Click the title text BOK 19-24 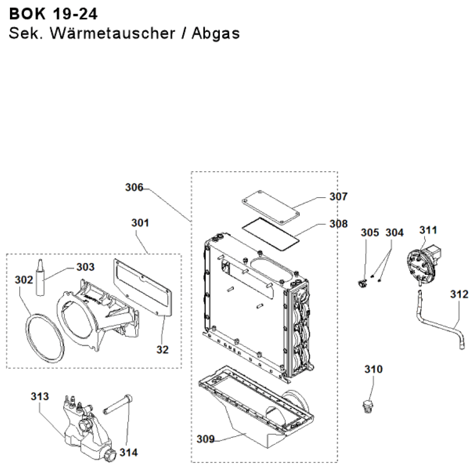click(53, 14)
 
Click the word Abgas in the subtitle click(216, 33)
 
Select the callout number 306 click(134, 188)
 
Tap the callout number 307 click(339, 197)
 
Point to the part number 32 click(162, 350)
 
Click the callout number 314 click(129, 452)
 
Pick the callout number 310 click(374, 369)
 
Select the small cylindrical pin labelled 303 click(41, 277)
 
